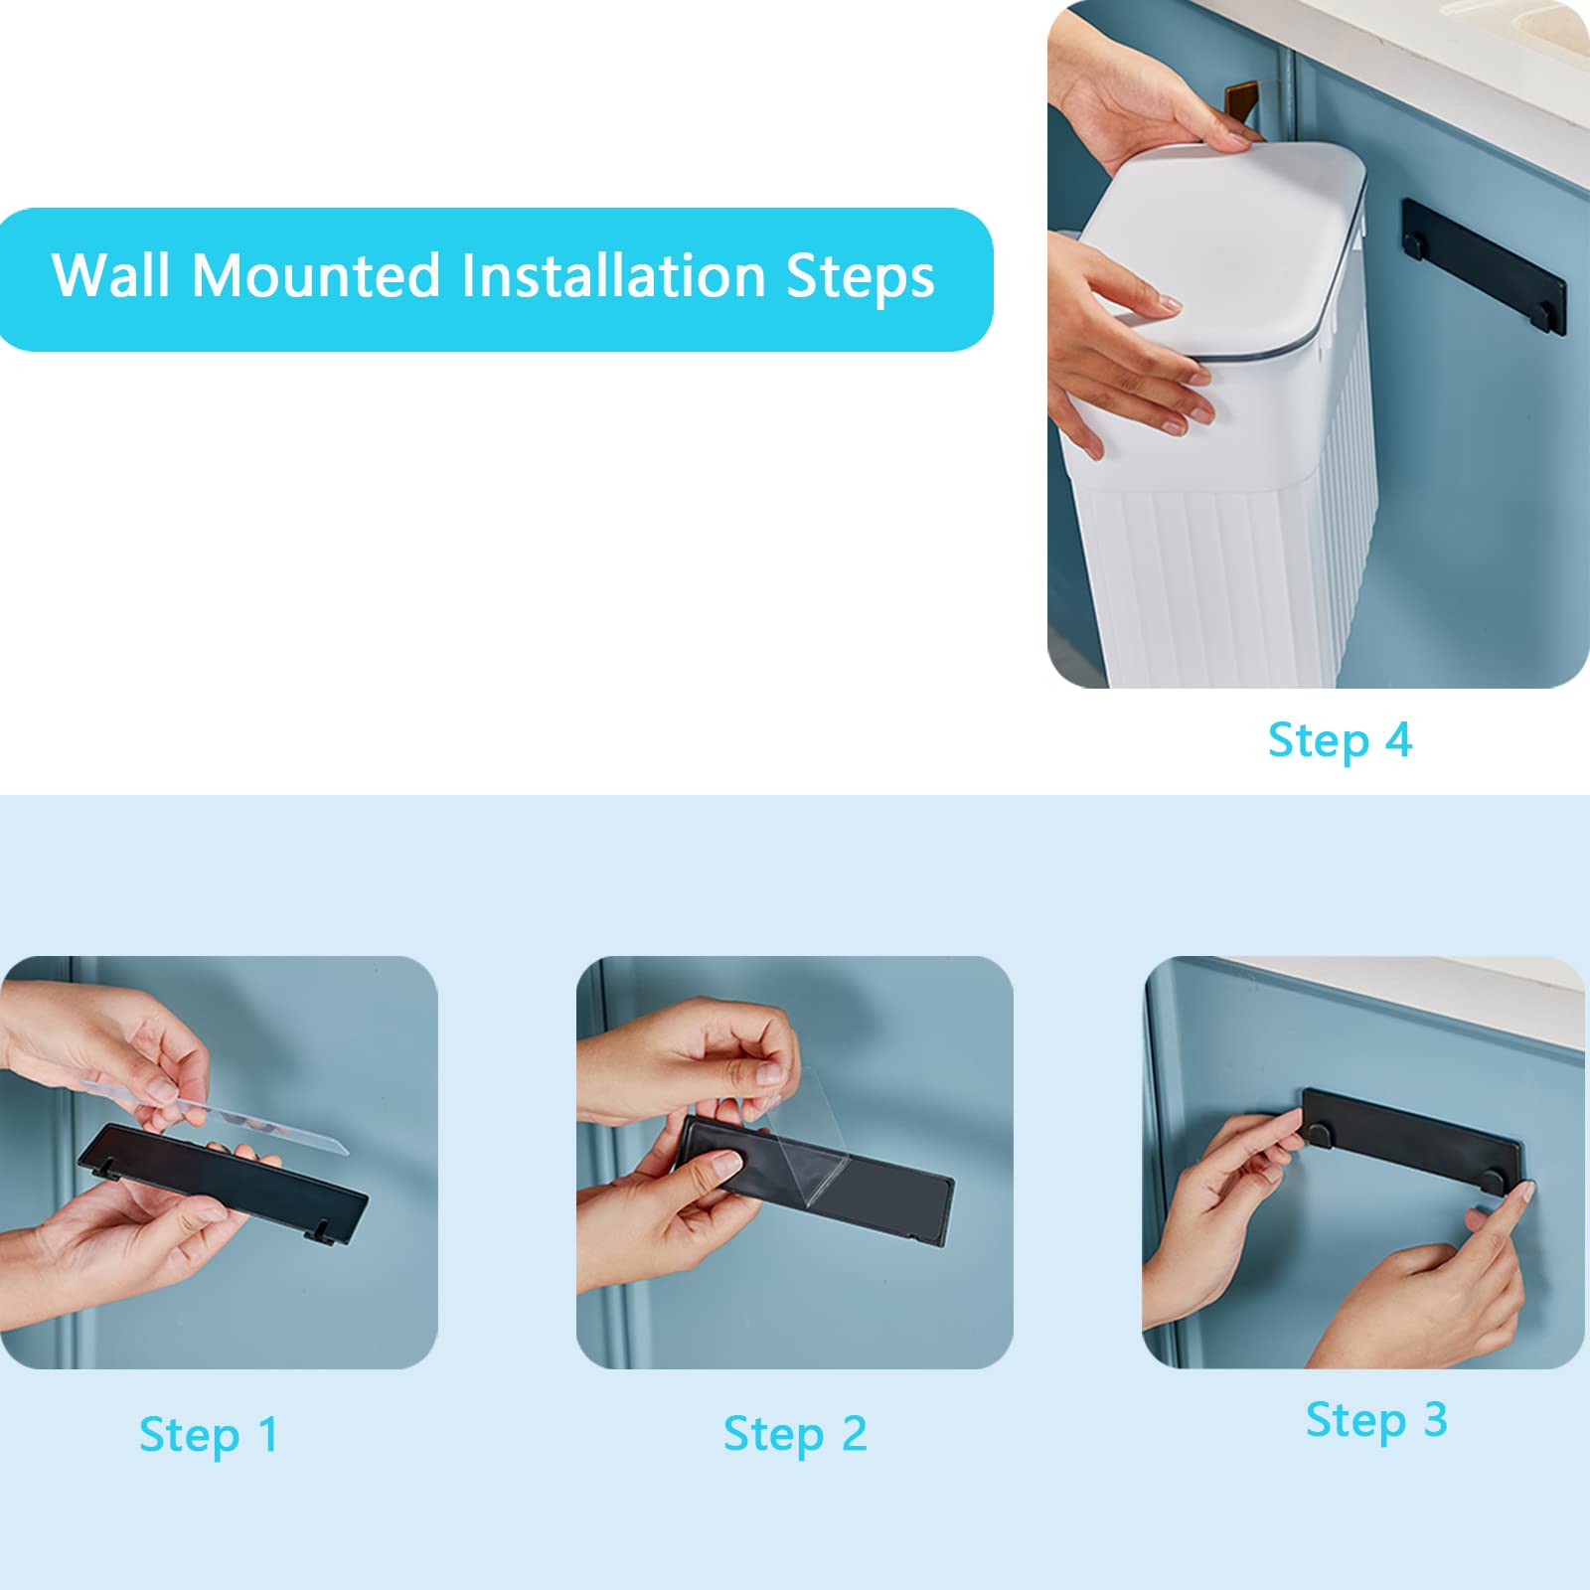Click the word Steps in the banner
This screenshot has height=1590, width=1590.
click(x=861, y=278)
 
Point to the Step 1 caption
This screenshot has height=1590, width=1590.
click(x=209, y=1436)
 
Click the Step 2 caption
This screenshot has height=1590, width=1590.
click(x=795, y=1435)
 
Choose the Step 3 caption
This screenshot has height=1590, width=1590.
click(x=1376, y=1421)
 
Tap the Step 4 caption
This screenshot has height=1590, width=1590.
click(x=1340, y=741)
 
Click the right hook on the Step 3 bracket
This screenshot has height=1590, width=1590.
click(x=1491, y=1180)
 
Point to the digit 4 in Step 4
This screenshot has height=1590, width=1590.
click(x=1398, y=740)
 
